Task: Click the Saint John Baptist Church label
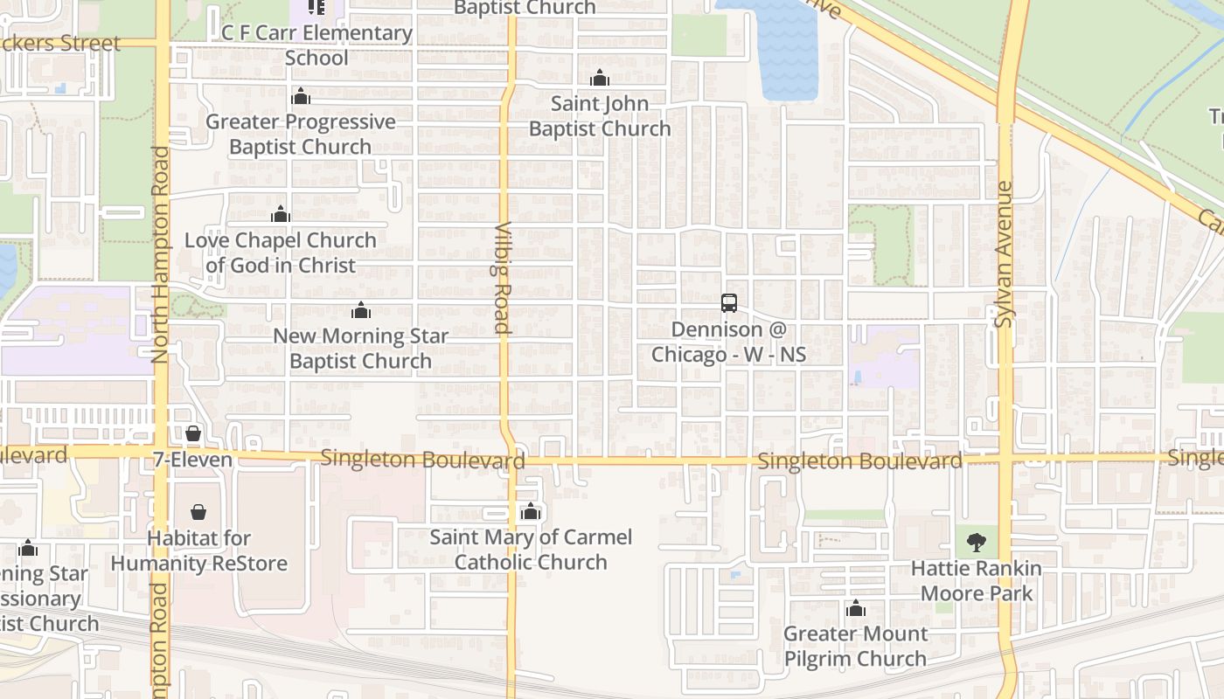point(600,116)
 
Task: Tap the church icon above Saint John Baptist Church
point(599,79)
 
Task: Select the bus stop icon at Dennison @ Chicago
point(729,303)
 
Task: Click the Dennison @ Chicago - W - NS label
point(728,343)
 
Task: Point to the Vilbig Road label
point(502,278)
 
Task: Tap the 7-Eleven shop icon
point(193,433)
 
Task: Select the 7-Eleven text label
point(192,460)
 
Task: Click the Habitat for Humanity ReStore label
point(198,551)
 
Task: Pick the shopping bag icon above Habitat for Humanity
point(198,512)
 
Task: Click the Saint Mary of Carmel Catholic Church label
point(531,550)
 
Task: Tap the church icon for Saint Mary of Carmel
point(530,512)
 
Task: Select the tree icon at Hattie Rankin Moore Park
point(976,543)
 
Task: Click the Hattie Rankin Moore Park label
point(976,581)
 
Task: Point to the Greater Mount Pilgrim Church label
point(855,646)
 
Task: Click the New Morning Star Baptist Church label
point(360,349)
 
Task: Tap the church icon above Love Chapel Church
point(281,214)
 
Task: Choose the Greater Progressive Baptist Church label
point(301,135)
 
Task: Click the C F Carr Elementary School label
point(316,45)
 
